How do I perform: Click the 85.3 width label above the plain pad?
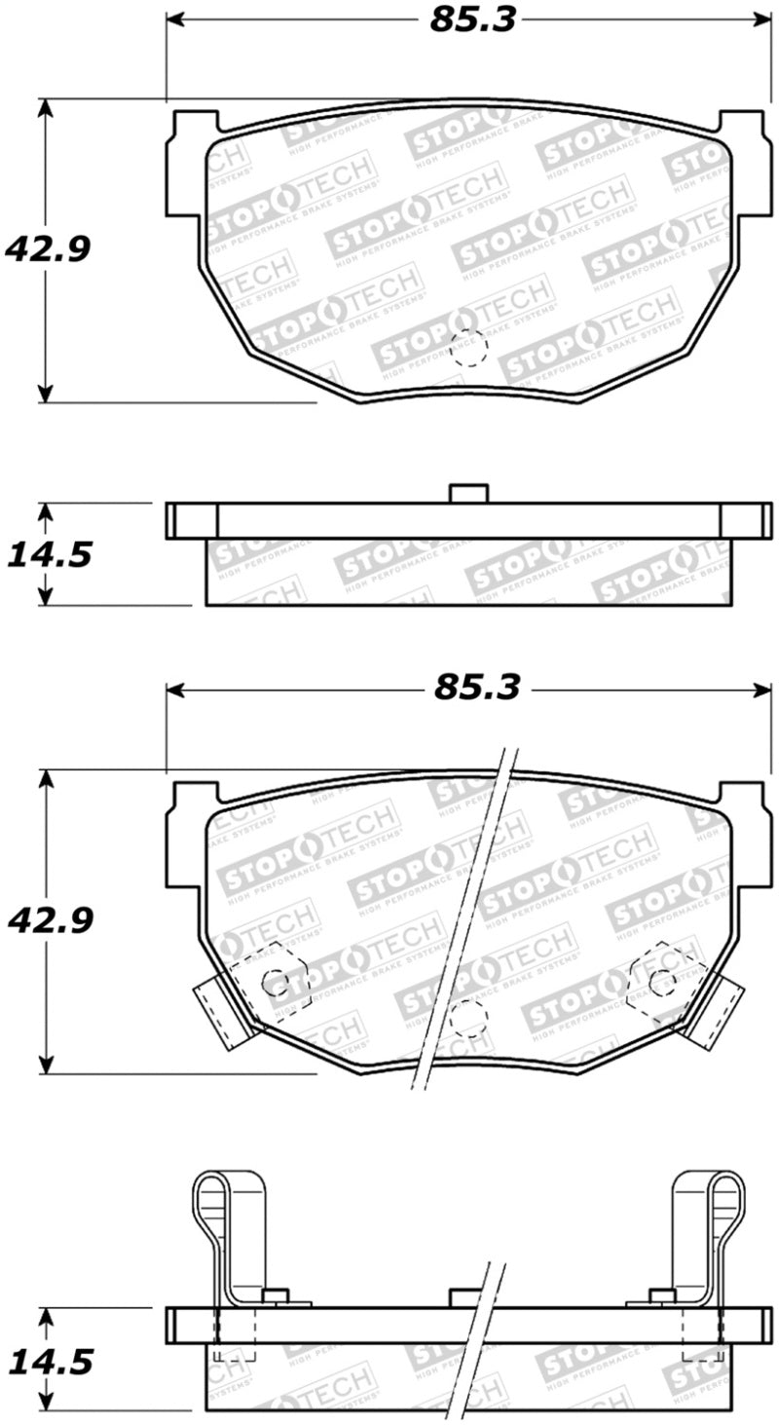(x=471, y=19)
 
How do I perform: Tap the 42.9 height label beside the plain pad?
(x=48, y=250)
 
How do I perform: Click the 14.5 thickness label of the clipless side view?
(x=50, y=555)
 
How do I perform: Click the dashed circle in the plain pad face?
(x=469, y=348)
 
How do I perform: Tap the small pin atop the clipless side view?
(x=468, y=493)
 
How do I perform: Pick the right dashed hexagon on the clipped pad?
(x=663, y=979)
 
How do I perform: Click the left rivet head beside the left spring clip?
(x=277, y=1294)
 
